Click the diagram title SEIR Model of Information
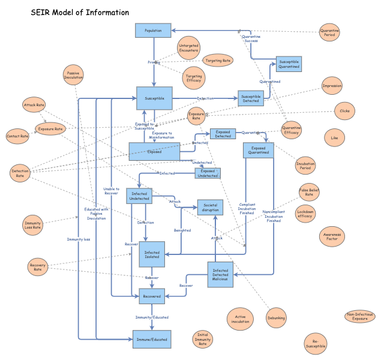point(79,13)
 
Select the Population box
point(153,30)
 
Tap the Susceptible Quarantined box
point(288,64)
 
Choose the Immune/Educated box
point(151,339)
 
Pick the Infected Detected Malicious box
point(220,274)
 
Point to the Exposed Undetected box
point(208,173)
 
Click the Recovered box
point(152,296)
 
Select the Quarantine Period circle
point(329,32)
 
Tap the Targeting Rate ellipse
point(218,60)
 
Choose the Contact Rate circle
point(17,136)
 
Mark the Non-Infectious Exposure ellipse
point(360,316)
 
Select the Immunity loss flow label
point(79,239)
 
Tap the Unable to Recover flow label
point(111,191)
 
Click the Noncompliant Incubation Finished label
point(274,216)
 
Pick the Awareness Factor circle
point(331,236)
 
